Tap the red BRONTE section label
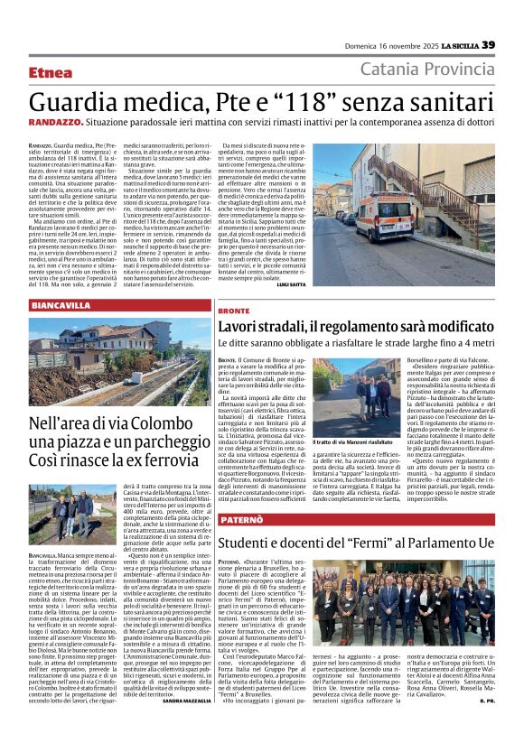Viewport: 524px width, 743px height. coord(234,310)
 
